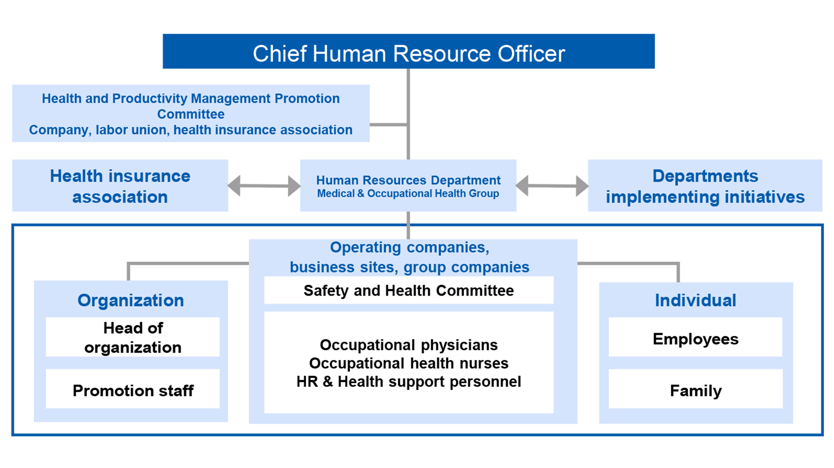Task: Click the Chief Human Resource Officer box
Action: tap(408, 51)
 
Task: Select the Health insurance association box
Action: tap(120, 186)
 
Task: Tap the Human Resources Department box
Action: tap(408, 186)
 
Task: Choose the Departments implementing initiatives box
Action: tap(705, 186)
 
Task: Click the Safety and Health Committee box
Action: tap(409, 290)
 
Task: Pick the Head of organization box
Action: tap(133, 337)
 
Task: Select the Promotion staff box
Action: tap(133, 389)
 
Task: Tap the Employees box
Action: tap(696, 337)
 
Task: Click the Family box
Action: tap(696, 389)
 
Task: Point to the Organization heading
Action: tap(131, 300)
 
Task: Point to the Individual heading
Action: tap(696, 300)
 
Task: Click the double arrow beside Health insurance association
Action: tap(264, 186)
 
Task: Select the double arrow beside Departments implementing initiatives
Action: tap(552, 186)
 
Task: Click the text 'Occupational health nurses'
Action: tap(409, 363)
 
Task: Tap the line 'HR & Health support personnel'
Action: tap(409, 382)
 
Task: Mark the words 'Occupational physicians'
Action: tap(409, 345)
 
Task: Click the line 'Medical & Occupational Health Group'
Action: tap(408, 193)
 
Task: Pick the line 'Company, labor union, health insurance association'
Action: tap(191, 130)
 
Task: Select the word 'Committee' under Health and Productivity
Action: tap(191, 114)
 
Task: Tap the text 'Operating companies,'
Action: tap(410, 247)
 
